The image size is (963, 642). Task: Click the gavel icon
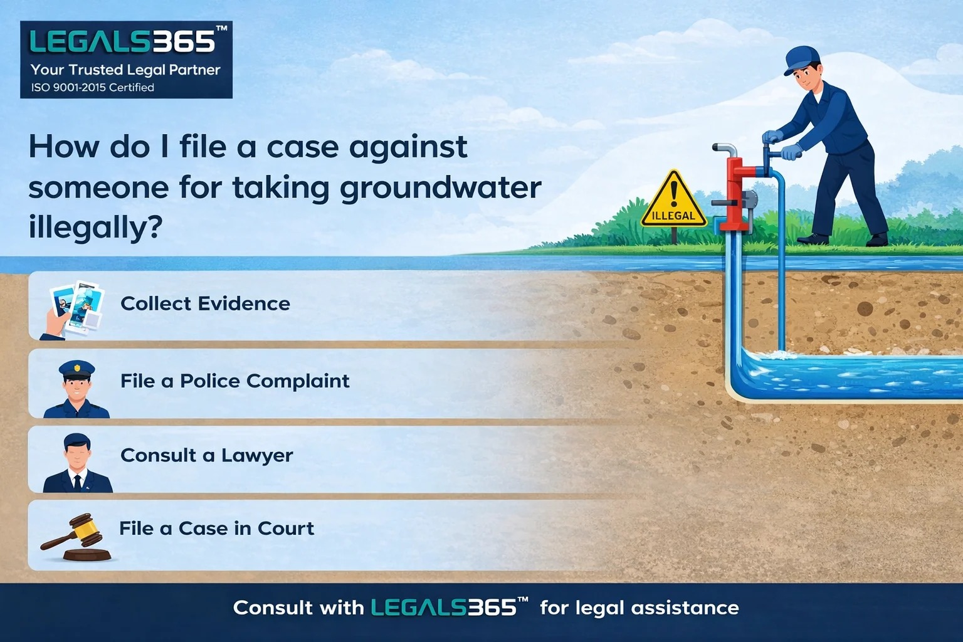click(76, 536)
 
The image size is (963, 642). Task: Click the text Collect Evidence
click(205, 303)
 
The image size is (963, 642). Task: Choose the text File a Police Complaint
click(234, 381)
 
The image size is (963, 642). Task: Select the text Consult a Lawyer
click(206, 455)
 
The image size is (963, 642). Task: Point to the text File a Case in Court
click(216, 529)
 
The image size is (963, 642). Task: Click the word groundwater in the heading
click(440, 187)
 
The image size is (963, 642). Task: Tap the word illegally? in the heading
click(95, 227)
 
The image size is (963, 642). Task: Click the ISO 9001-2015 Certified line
click(93, 88)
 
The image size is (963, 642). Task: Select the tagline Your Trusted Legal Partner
click(125, 70)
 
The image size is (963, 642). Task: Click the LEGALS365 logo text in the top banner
click(123, 42)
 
